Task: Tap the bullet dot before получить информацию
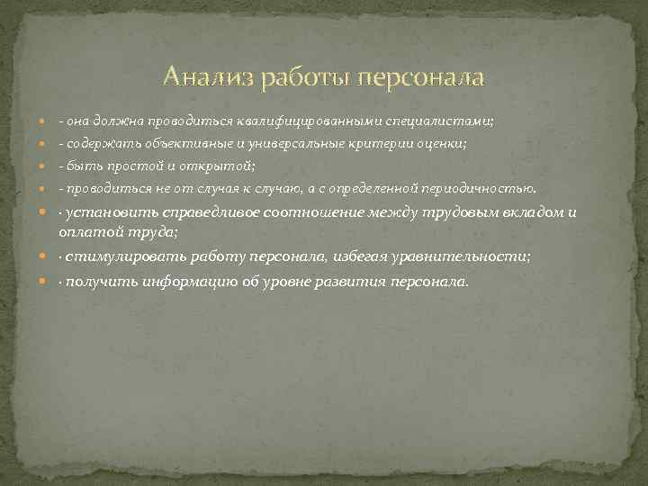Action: [46, 283]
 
